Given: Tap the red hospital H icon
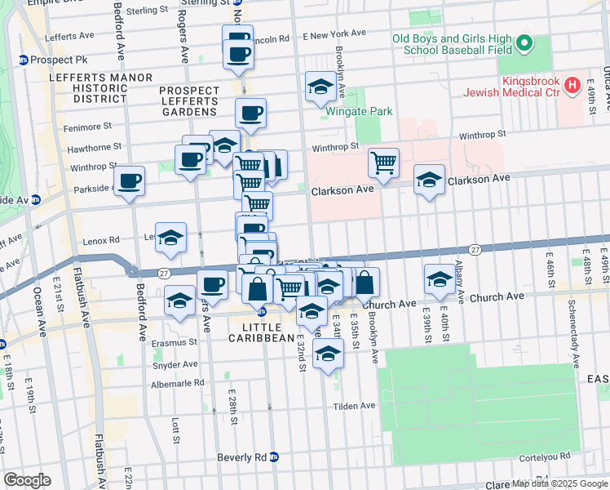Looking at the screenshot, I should [x=572, y=83].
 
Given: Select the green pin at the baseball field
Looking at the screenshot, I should [x=524, y=43].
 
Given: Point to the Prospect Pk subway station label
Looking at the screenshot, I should [x=47, y=60].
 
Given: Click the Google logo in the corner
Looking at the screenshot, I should [x=27, y=480].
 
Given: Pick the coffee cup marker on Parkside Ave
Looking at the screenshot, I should [x=129, y=180].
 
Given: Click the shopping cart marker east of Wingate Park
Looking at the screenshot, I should [x=382, y=161].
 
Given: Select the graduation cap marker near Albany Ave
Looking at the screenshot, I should [x=440, y=280].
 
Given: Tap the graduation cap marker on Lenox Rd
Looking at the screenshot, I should [x=170, y=237].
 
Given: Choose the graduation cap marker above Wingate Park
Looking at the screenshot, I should [x=320, y=87].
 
